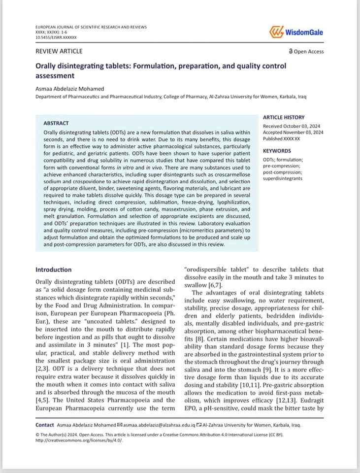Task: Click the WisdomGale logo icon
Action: [277, 32]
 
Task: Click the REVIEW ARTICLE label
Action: [59, 51]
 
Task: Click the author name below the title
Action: [70, 89]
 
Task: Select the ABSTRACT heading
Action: [56, 123]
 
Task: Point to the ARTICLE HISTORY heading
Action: [284, 117]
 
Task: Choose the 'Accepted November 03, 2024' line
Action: [293, 133]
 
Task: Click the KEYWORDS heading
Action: [277, 151]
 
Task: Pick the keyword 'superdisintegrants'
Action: [283, 178]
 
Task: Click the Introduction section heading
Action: [53, 270]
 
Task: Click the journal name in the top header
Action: [91, 27]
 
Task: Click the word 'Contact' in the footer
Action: [45, 425]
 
